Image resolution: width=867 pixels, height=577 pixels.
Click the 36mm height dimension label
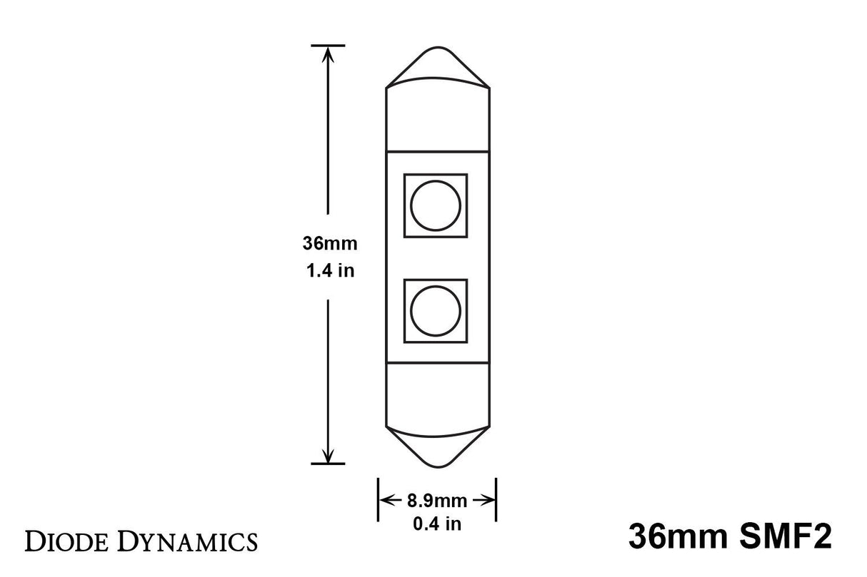pyautogui.click(x=329, y=244)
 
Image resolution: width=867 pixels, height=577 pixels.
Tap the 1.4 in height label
pyautogui.click(x=329, y=271)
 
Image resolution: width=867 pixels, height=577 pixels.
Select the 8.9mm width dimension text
pyautogui.click(x=437, y=501)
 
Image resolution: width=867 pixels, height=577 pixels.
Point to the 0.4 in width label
pyautogui.click(x=437, y=524)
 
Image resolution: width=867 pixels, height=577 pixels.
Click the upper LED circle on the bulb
pyautogui.click(x=436, y=205)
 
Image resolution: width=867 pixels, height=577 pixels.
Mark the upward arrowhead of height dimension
pyautogui.click(x=329, y=54)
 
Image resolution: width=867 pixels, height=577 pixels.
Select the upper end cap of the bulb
pyautogui.click(x=438, y=118)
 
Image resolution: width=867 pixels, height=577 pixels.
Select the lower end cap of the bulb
pyautogui.click(x=438, y=396)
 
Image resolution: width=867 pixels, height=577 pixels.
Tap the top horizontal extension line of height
pyautogui.click(x=329, y=46)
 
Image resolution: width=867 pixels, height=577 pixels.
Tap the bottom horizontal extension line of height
pyautogui.click(x=329, y=464)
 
